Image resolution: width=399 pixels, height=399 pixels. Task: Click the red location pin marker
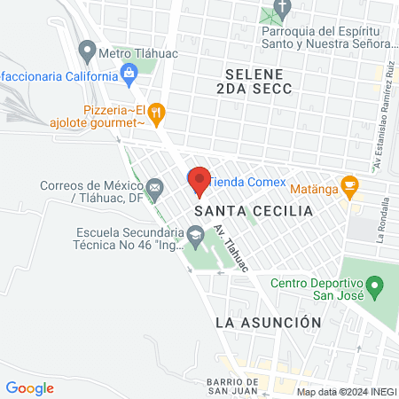tap(199, 180)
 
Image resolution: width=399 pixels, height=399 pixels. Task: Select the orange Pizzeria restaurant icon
tap(158, 112)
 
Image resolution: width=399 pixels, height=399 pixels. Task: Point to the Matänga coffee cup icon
tap(350, 186)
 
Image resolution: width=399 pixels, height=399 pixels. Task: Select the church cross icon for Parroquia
tap(282, 11)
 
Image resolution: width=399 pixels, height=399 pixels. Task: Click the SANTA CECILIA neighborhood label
tap(254, 212)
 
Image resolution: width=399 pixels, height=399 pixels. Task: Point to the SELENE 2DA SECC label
tap(254, 81)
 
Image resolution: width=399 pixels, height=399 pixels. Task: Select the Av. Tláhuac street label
tap(231, 247)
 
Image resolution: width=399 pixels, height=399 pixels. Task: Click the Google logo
tap(29, 387)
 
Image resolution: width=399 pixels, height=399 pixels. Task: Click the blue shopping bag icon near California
tap(129, 72)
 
